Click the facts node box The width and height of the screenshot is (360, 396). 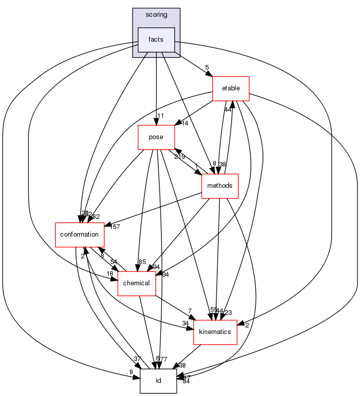pyautogui.click(x=156, y=40)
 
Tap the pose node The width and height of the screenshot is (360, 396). pyautogui.click(x=156, y=137)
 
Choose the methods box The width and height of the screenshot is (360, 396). pyautogui.click(x=219, y=186)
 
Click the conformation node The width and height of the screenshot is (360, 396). pyautogui.click(x=80, y=235)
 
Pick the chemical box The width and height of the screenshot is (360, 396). pyautogui.click(x=137, y=283)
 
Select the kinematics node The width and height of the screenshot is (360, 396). pyautogui.click(x=215, y=332)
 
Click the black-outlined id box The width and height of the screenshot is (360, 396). pyautogui.click(x=158, y=381)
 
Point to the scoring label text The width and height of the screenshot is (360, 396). pyautogui.click(x=156, y=15)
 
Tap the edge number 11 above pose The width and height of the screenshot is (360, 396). pyautogui.click(x=161, y=116)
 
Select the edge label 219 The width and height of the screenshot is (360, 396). pyautogui.click(x=179, y=157)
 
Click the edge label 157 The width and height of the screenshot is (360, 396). pyautogui.click(x=115, y=226)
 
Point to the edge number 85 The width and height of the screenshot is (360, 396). pyautogui.click(x=142, y=262)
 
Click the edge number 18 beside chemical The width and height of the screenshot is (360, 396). pyautogui.click(x=110, y=274)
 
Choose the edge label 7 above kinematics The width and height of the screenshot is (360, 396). pyautogui.click(x=189, y=311)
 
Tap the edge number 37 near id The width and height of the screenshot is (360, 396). pyautogui.click(x=137, y=359)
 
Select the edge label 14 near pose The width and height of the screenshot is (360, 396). pyautogui.click(x=184, y=123)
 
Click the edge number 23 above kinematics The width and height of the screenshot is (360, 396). pyautogui.click(x=228, y=313)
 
